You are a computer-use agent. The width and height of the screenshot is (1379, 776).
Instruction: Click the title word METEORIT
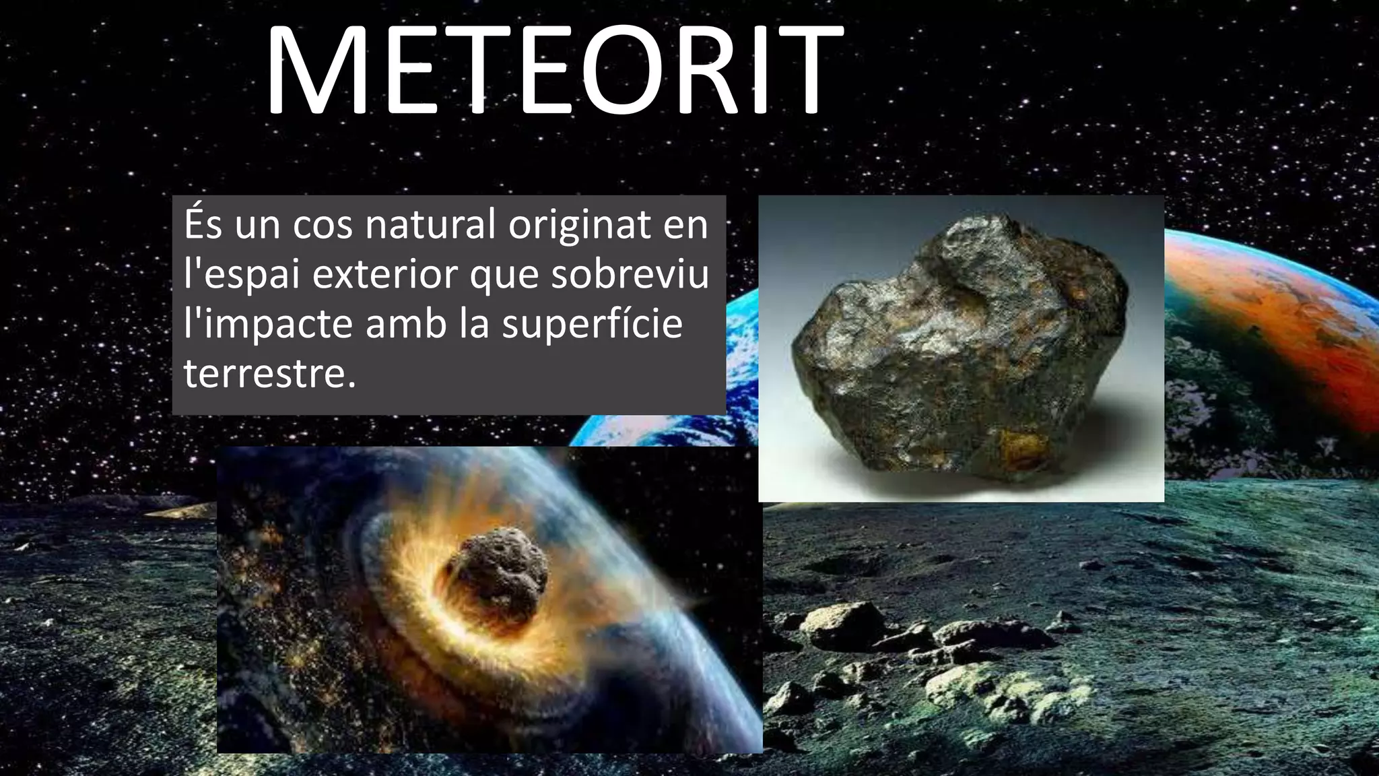pyautogui.click(x=553, y=71)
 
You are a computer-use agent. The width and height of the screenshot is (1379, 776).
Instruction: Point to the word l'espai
pyautogui.click(x=241, y=275)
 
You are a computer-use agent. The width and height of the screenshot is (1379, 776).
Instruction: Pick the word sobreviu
pyautogui.click(x=630, y=275)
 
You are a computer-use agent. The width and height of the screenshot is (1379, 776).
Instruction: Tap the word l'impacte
pyautogui.click(x=268, y=325)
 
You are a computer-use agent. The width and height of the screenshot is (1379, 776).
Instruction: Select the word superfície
pyautogui.click(x=592, y=325)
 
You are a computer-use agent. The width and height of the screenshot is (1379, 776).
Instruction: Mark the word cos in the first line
pyautogui.click(x=323, y=226)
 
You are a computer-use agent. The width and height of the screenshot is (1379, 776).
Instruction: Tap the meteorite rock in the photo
pyautogui.click(x=956, y=350)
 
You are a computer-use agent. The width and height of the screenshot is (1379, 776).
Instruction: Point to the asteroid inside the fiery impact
pyautogui.click(x=498, y=566)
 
